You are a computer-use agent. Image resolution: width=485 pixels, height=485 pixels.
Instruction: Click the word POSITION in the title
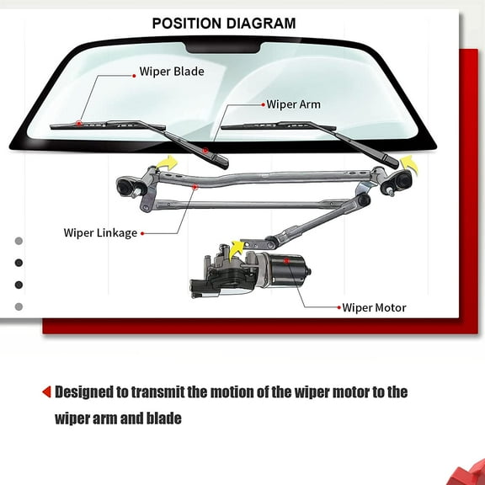click(187, 23)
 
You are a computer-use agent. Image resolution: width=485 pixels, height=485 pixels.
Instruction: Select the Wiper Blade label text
click(172, 72)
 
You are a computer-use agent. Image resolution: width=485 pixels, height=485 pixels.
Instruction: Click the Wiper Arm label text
click(293, 105)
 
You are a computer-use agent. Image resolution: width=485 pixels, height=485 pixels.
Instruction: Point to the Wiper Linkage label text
click(100, 232)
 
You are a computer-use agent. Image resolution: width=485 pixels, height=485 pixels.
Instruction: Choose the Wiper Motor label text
click(374, 307)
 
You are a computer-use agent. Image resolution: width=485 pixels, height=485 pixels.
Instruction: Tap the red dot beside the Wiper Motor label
click(337, 308)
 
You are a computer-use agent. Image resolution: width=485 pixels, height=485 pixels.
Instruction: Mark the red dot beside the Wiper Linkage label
click(142, 233)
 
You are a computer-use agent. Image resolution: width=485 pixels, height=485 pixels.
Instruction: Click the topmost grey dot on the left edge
click(19, 241)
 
